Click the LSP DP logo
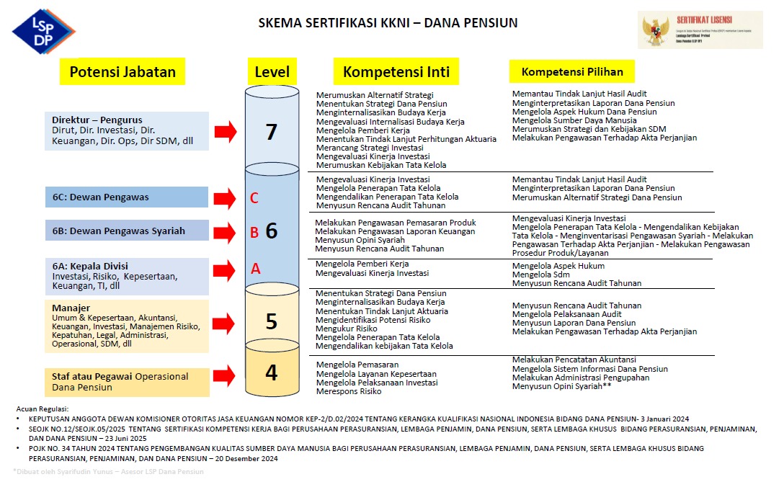(43, 31)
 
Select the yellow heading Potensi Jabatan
(122, 72)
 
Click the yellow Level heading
(272, 72)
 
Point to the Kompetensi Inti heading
(396, 72)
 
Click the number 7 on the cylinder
(272, 132)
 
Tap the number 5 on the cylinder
(272, 321)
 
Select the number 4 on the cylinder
(272, 372)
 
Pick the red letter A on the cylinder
(254, 269)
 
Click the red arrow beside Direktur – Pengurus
(226, 130)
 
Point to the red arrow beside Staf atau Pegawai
(226, 375)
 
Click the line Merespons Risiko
(349, 392)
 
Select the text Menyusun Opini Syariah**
(561, 387)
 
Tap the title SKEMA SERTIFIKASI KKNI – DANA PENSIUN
(388, 23)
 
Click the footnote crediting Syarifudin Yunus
(108, 472)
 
